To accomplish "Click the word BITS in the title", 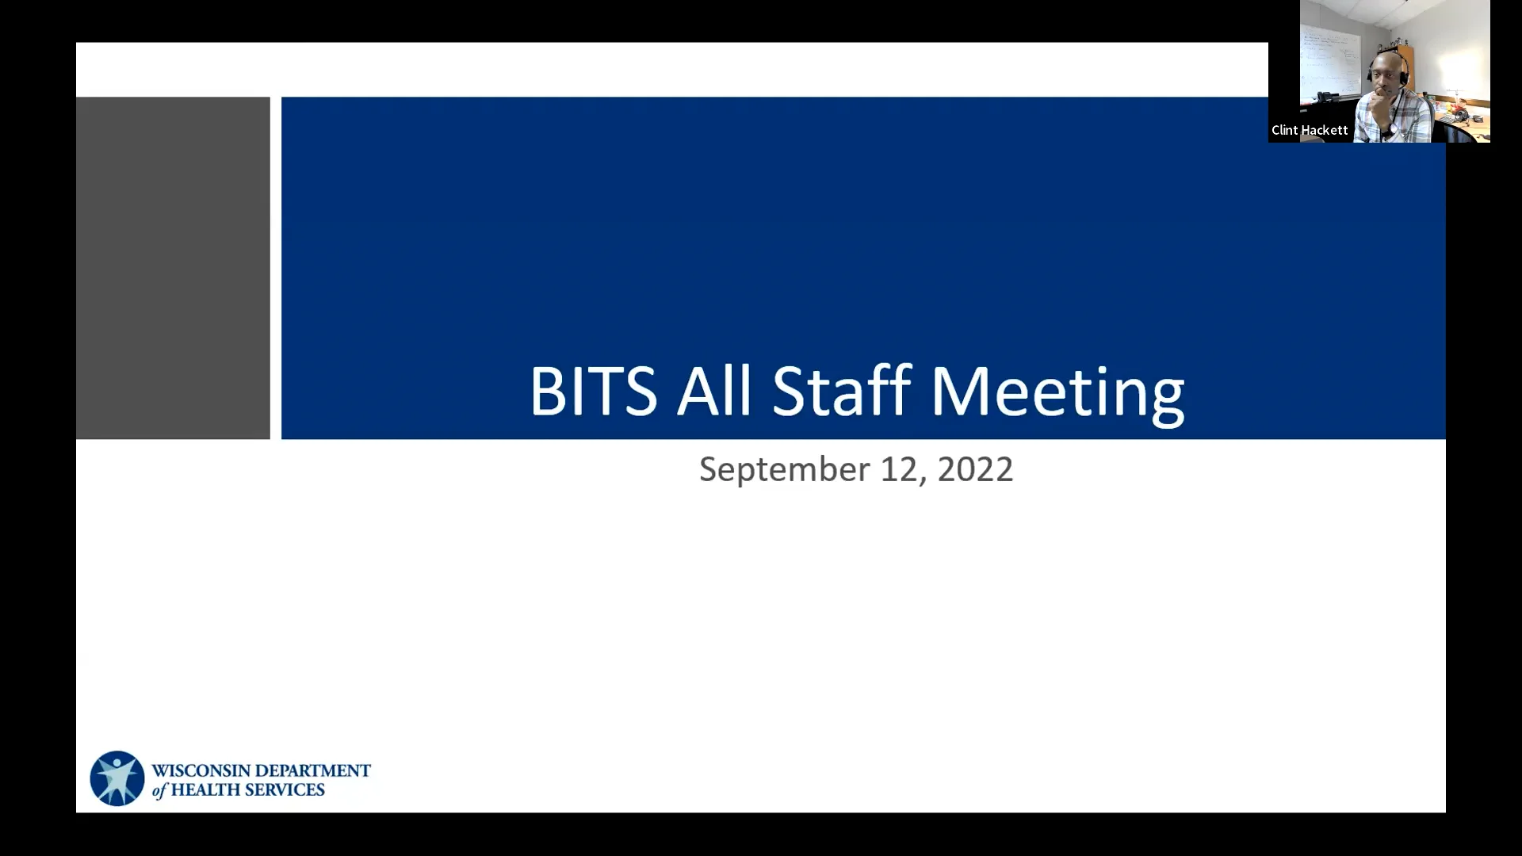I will [x=593, y=391].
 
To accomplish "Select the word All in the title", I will [x=713, y=391].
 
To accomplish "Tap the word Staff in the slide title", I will [x=841, y=391].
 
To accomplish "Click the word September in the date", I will [x=784, y=470].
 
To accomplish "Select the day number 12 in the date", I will [x=898, y=469].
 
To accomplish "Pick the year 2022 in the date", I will [x=975, y=469].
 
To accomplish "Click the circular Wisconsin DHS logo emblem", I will [x=117, y=778].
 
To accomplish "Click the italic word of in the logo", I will [x=159, y=790].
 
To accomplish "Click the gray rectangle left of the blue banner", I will [x=173, y=268].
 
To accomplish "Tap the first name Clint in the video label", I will [x=1285, y=130].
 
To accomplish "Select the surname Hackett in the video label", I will [x=1324, y=130].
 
